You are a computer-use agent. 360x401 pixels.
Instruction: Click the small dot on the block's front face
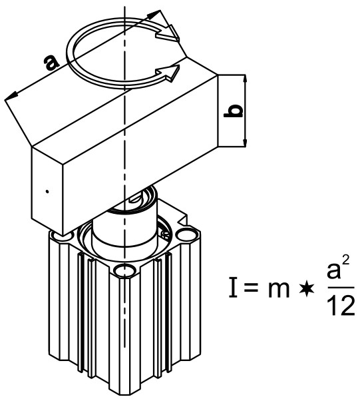48,191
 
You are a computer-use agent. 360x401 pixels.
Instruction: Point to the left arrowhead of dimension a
9,99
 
